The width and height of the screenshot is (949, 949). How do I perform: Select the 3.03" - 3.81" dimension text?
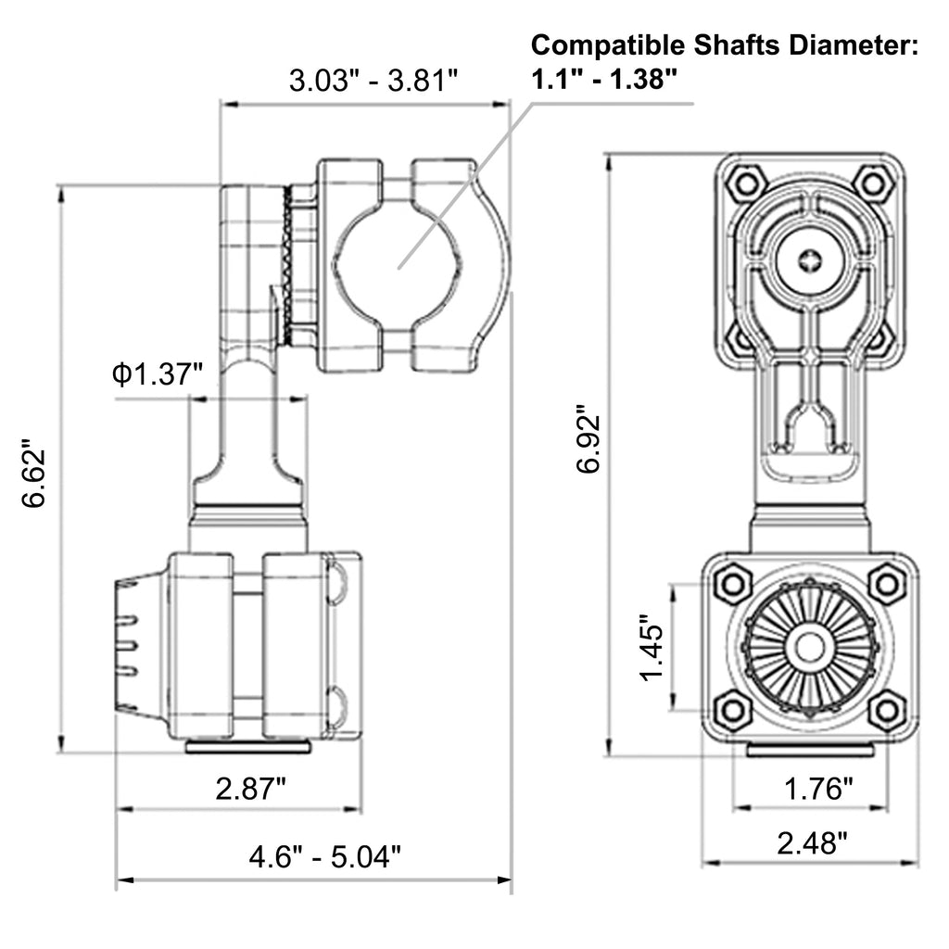[x=373, y=81]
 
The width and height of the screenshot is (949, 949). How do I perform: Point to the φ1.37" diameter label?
[x=157, y=374]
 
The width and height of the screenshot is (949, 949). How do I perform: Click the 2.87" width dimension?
[x=250, y=789]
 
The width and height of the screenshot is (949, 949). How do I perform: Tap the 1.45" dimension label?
[x=652, y=648]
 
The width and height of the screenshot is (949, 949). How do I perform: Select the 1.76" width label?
[x=818, y=789]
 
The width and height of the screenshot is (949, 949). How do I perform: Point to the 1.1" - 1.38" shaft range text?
[x=603, y=80]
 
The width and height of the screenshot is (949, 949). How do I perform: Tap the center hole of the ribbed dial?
[x=809, y=648]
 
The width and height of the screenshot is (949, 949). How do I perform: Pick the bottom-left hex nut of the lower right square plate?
[x=732, y=711]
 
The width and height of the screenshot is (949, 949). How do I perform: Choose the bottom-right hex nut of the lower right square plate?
[x=887, y=711]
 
